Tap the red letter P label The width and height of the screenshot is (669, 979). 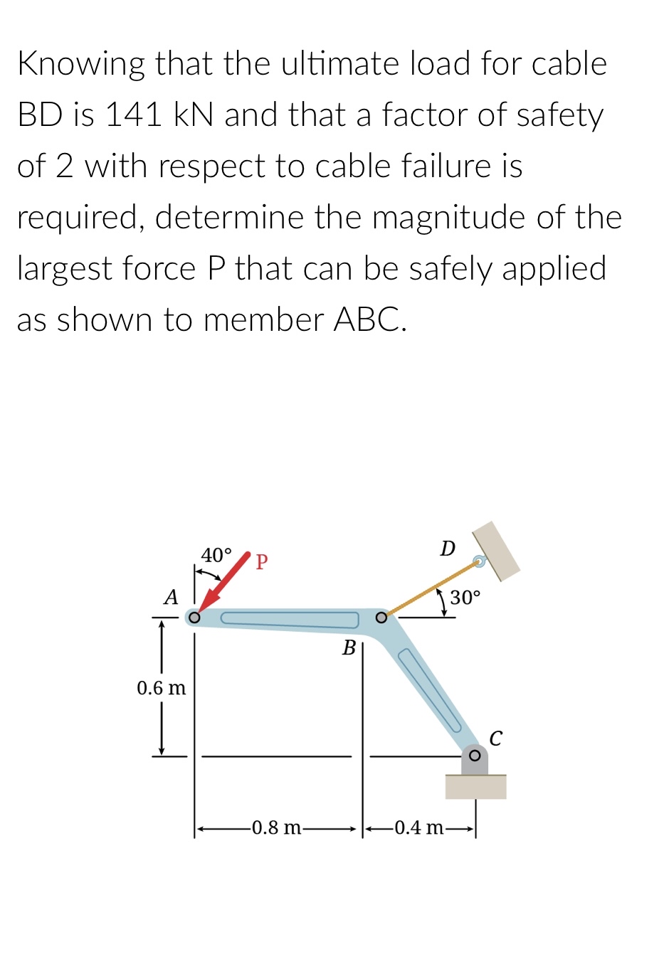[261, 562]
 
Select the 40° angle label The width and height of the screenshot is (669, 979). [216, 555]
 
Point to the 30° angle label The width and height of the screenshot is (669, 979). [465, 598]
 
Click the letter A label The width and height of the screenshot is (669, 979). [171, 597]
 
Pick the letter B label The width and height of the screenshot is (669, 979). [349, 647]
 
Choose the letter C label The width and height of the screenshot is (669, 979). [496, 738]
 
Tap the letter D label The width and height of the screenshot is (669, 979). [448, 549]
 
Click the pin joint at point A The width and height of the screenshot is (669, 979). [194, 617]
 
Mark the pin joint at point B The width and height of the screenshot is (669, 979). [381, 617]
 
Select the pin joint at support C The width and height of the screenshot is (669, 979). [475, 755]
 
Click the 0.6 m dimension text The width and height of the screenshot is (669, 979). [161, 688]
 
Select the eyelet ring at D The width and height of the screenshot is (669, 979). [480, 562]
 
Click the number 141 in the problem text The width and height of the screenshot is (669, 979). [134, 115]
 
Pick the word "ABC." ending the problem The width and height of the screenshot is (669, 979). [370, 319]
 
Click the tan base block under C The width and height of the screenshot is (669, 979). [475, 787]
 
